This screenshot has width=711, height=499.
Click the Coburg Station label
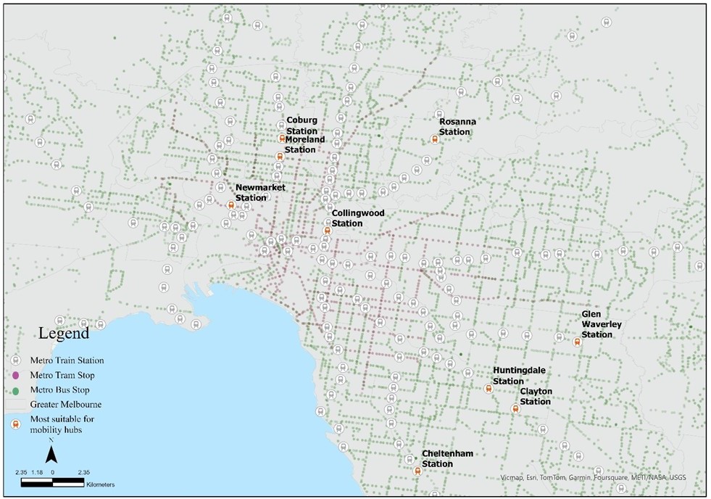click(302, 125)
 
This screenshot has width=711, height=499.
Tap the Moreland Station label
click(304, 144)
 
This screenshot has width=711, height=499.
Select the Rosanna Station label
click(454, 127)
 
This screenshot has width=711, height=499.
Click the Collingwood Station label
click(352, 218)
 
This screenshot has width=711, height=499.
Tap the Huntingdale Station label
click(519, 376)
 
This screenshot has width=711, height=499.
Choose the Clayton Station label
click(536, 396)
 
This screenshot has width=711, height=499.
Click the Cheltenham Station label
click(447, 458)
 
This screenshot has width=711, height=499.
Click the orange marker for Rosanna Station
click(434, 140)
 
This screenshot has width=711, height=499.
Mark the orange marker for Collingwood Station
click(327, 231)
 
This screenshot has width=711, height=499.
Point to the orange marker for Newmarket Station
click(231, 205)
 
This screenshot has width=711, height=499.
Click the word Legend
click(64, 334)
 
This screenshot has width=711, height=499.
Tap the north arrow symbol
click(51, 455)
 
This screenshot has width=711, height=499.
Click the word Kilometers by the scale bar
click(100, 484)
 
